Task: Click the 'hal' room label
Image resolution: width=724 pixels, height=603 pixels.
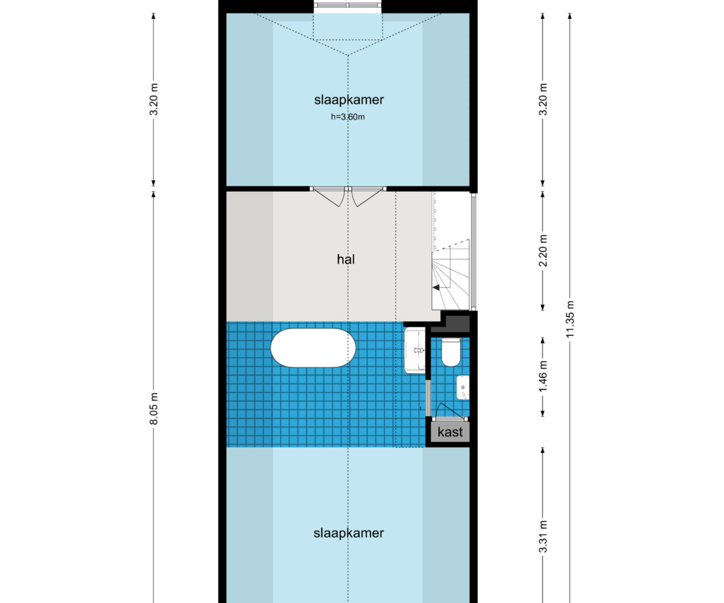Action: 346,259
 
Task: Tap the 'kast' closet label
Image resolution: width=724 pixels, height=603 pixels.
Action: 450,432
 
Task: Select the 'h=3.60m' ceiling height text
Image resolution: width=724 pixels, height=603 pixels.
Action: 348,117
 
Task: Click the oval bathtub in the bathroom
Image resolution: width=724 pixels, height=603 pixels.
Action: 313,347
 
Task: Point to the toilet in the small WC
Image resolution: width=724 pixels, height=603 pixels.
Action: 451,352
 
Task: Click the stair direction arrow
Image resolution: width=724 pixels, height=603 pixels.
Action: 436,287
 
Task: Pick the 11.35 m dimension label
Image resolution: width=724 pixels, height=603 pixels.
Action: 570,319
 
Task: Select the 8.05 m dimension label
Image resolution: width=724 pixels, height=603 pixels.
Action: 154,408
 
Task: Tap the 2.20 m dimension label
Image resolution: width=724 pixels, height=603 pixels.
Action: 543,251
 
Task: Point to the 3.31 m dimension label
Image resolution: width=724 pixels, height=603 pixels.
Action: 543,537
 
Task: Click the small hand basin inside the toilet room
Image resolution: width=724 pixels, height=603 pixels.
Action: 463,388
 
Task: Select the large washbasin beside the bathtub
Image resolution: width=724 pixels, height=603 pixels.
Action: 414,350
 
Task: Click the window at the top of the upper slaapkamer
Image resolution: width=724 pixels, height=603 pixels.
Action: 348,5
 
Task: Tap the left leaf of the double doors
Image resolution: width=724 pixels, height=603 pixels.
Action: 328,198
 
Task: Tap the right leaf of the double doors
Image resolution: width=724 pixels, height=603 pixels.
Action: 367,198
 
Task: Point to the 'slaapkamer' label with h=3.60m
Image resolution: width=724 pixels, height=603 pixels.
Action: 349,100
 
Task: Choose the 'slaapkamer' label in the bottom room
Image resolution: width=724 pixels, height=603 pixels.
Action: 349,533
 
